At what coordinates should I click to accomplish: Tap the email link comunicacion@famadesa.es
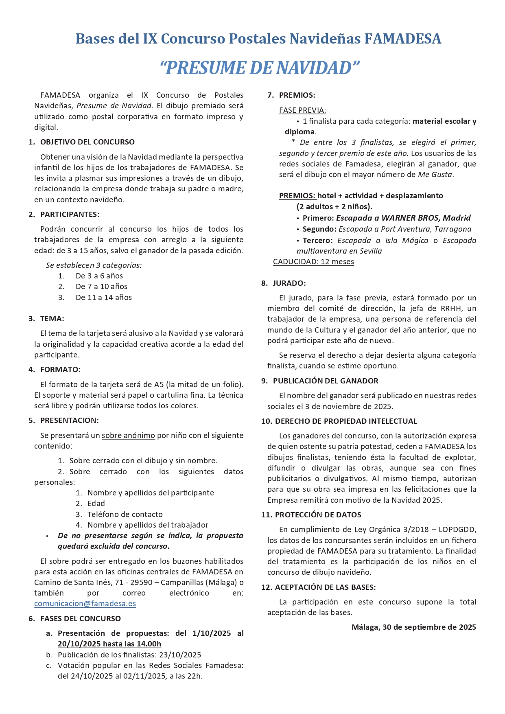pos(85,604)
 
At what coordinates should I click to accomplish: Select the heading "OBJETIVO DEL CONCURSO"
pos(87,142)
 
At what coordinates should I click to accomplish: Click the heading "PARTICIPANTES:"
pos(70,215)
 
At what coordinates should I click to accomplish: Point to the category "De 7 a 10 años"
pos(101,287)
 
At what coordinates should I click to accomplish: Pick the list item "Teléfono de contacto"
pos(125,515)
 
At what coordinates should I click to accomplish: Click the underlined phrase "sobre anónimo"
pos(128,436)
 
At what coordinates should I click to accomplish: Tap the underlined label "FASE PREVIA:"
pos(302,110)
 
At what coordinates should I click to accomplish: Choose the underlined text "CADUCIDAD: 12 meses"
pos(313,262)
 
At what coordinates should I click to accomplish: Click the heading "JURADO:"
pos(289,283)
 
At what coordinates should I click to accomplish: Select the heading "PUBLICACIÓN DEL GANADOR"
pos(326,381)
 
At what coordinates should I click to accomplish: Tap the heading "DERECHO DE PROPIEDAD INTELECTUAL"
pos(346,421)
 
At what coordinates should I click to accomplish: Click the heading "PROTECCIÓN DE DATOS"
pos(318,515)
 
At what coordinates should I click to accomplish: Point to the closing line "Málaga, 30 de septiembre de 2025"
pos(413,627)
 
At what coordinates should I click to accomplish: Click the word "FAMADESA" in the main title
pos(402,39)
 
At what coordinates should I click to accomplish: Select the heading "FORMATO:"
pos(60,370)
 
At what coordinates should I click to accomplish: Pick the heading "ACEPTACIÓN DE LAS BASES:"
pos(325,587)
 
